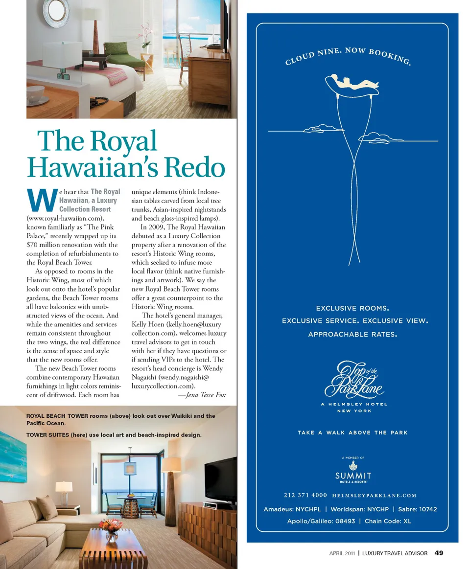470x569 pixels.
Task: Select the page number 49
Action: [439, 553]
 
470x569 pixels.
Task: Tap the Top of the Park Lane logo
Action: [354, 380]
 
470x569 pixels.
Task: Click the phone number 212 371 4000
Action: [305, 495]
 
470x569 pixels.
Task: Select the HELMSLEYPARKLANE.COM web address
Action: [374, 496]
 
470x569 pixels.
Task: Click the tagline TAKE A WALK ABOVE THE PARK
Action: [352, 432]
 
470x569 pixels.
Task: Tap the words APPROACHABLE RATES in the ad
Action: [352, 335]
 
